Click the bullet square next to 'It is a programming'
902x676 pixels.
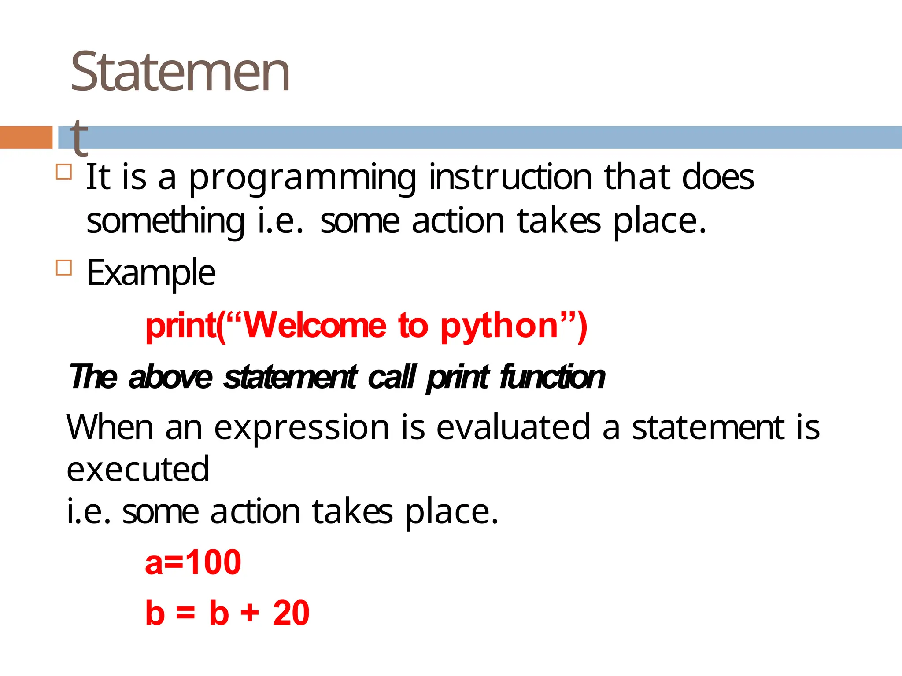(64, 172)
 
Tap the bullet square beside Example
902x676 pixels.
(64, 267)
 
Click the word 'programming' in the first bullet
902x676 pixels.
(303, 178)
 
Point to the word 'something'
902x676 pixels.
(165, 221)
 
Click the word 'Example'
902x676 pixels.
(151, 273)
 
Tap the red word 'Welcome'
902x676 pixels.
(315, 326)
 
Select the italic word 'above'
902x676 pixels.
(170, 378)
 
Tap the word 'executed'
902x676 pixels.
(138, 470)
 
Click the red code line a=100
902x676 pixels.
(193, 562)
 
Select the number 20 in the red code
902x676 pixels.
(291, 613)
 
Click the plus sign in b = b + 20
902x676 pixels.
(250, 613)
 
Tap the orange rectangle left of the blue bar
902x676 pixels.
(26, 137)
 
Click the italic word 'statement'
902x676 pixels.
(290, 378)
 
